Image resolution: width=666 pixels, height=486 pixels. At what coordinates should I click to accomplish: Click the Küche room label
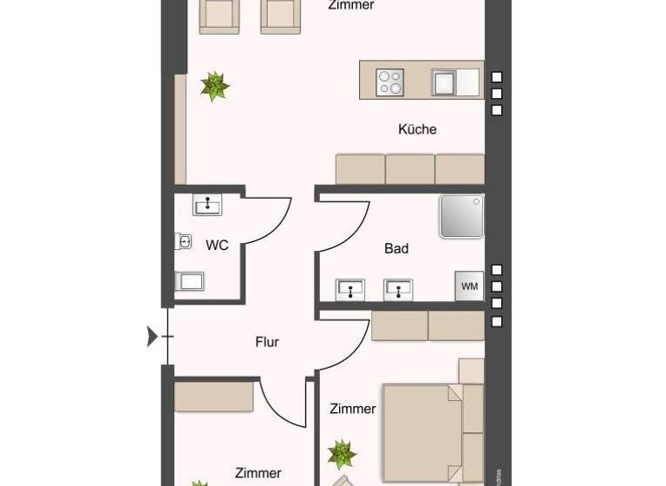point(417,129)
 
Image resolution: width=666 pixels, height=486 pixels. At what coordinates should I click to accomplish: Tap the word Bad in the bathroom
point(396,249)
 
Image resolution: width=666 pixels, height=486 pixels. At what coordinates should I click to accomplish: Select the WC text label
point(217,246)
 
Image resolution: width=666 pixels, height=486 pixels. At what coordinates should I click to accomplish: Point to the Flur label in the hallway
point(267,342)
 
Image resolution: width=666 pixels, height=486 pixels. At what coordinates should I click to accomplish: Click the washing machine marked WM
point(469,286)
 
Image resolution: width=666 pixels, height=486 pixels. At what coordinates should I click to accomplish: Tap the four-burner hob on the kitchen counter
point(389,82)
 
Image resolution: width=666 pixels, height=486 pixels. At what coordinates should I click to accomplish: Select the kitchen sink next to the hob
point(444,82)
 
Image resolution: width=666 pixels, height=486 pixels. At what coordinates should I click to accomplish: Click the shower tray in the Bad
point(461,216)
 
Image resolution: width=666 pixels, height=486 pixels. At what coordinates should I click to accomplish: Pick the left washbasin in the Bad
point(351,288)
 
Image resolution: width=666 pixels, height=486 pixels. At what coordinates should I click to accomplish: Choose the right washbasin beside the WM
point(398,288)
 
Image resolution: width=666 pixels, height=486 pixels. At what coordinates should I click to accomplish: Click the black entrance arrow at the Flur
point(153,336)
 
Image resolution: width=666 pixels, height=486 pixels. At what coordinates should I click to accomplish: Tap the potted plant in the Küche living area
point(214,86)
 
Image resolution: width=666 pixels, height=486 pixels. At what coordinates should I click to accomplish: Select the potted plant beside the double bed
point(342,453)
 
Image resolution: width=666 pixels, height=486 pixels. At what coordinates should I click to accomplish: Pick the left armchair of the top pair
point(219,16)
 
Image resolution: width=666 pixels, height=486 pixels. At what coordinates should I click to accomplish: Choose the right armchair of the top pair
point(281,16)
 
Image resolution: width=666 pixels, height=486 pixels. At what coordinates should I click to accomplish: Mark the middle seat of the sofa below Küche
point(410,169)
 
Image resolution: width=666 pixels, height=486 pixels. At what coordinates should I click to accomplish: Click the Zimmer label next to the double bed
point(353,409)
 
